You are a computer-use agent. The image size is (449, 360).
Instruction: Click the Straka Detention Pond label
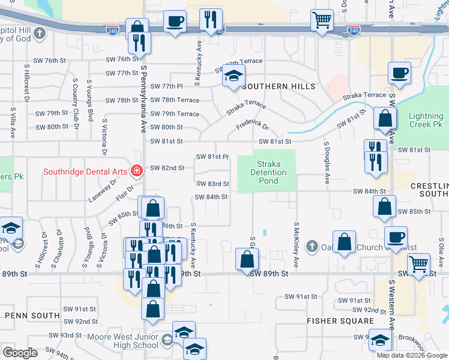(268, 172)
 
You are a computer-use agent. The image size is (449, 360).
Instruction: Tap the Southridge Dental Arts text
(85, 172)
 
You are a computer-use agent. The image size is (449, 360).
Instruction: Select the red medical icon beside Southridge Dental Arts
(137, 172)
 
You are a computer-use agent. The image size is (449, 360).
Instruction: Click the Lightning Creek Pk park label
(425, 120)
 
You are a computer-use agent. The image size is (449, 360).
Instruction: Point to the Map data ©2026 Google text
(411, 355)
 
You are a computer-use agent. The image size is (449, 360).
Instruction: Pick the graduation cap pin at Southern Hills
(234, 76)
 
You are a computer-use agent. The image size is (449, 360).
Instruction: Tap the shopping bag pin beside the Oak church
(345, 243)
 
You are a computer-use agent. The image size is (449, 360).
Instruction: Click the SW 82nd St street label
(167, 168)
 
